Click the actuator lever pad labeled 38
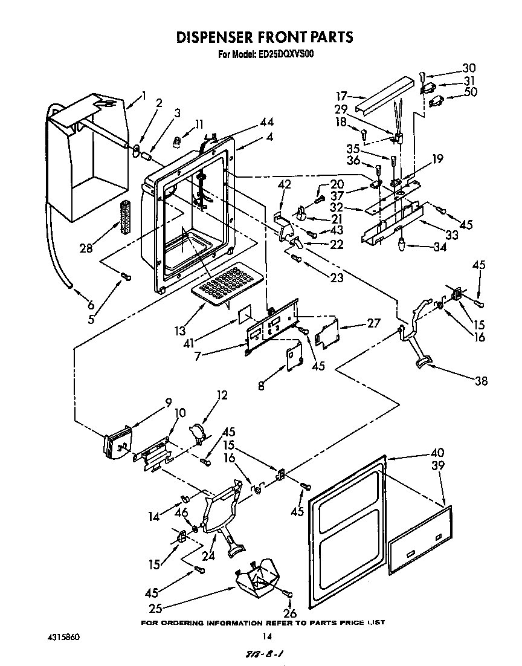tap(423, 361)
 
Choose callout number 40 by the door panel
tap(437, 453)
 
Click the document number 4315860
tap(63, 636)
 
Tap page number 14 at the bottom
tap(266, 636)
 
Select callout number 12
tap(222, 396)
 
